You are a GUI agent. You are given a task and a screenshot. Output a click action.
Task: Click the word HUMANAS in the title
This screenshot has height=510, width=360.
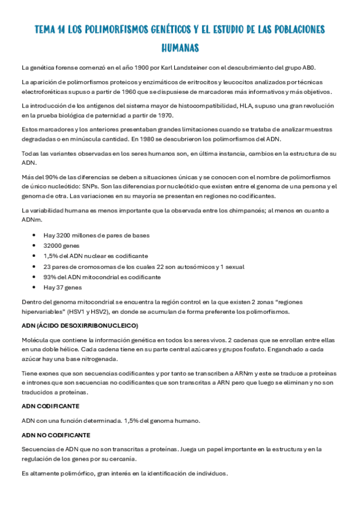pyautogui.click(x=180, y=46)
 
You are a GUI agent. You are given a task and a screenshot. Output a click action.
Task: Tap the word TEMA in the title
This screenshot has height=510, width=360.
pyautogui.click(x=47, y=29)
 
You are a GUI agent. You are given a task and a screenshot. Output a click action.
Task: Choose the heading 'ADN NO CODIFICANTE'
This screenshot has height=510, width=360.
pyautogui.click(x=56, y=435)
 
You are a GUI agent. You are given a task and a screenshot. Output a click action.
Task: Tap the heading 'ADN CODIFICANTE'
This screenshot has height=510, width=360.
pyautogui.click(x=50, y=406)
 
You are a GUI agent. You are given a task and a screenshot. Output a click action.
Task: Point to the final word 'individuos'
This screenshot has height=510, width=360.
pyautogui.click(x=211, y=473)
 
